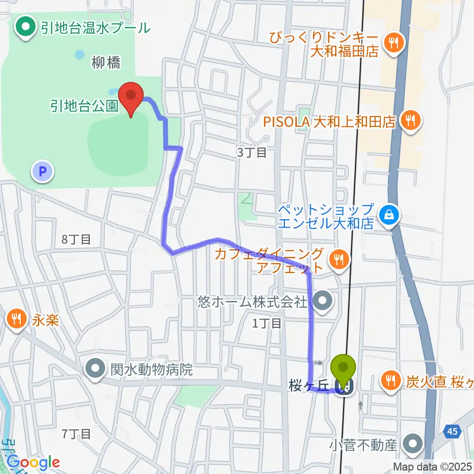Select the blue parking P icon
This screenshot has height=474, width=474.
42,172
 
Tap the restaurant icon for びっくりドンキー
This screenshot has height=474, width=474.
394,42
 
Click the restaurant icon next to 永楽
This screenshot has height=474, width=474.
17,320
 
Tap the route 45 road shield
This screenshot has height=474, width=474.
453,432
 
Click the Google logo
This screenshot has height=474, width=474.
33,462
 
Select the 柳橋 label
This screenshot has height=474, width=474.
106,63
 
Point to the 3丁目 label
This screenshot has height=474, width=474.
251,153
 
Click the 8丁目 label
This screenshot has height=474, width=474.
76,240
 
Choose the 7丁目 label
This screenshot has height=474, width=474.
76,434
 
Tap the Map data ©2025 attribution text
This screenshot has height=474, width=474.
433,467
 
